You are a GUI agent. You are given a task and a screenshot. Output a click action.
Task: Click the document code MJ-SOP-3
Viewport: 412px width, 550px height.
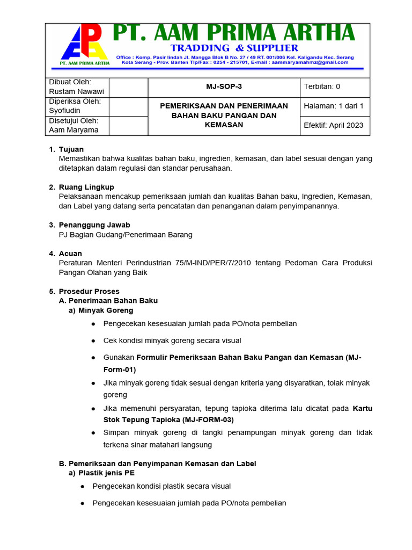pyautogui.click(x=224, y=87)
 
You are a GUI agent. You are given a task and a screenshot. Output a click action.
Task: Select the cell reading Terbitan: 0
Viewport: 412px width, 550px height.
pyautogui.click(x=322, y=87)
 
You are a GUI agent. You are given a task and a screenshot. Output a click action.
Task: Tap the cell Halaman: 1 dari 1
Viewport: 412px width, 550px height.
pyautogui.click(x=334, y=106)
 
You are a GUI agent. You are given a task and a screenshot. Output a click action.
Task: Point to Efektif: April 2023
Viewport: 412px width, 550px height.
pyautogui.click(x=334, y=125)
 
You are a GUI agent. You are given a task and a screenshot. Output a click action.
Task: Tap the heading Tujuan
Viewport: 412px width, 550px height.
pyautogui.click(x=71, y=149)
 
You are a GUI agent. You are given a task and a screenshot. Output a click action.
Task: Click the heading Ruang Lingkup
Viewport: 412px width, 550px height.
pyautogui.click(x=86, y=187)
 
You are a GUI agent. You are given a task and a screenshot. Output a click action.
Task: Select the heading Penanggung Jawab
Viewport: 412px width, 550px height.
pyautogui.click(x=94, y=225)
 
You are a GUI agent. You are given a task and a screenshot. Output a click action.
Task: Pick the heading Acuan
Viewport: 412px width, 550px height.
pyautogui.click(x=70, y=254)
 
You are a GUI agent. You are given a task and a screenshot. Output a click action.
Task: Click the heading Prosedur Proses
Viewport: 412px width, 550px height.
pyautogui.click(x=89, y=291)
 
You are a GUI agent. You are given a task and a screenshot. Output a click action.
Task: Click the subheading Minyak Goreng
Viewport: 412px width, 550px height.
pyautogui.click(x=106, y=310)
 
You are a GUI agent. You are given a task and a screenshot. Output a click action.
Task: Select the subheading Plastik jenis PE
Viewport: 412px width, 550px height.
pyautogui.click(x=106, y=473)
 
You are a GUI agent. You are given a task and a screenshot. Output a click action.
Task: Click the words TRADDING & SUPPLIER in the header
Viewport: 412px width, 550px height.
pyautogui.click(x=234, y=48)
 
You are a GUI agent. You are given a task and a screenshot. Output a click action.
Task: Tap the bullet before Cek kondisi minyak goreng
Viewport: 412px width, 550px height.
pyautogui.click(x=93, y=341)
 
